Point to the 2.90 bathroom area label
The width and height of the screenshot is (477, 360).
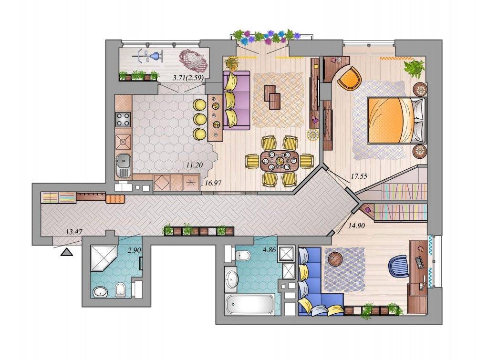(135, 250)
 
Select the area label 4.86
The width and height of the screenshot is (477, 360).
(269, 250)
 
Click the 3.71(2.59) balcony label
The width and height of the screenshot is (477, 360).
(188, 78)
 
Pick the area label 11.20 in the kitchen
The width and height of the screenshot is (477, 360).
(195, 165)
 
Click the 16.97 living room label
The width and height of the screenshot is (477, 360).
(213, 183)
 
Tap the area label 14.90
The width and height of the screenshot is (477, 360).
(357, 226)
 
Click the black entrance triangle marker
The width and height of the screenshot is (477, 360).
(67, 252)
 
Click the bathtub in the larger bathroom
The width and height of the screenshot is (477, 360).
(250, 304)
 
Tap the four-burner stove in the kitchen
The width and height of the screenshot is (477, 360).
(123, 120)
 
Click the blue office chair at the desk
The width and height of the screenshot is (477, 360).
(399, 266)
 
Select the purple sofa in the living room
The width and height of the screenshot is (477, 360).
(237, 100)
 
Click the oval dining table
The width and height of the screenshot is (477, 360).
(280, 161)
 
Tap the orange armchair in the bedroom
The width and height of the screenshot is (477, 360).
(349, 79)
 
